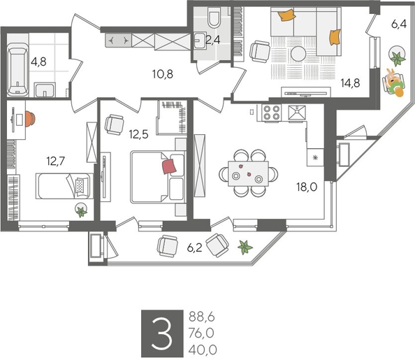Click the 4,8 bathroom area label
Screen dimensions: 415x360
tap(38, 62)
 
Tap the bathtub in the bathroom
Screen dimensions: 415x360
tap(17, 70)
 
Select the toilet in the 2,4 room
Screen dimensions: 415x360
tap(214, 17)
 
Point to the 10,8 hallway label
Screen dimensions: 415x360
tap(163, 74)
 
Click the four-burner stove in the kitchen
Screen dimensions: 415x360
tap(272, 113)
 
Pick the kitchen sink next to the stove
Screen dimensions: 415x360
tap(297, 113)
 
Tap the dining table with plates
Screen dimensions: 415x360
tap(248, 174)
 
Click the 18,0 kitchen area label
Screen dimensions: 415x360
tap(307, 187)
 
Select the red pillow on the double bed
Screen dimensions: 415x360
tap(169, 166)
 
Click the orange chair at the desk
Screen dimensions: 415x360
tap(30, 119)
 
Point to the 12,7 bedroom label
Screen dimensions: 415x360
tap(56, 161)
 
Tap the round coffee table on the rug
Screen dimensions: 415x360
tap(298, 54)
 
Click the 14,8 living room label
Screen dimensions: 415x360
tap(350, 83)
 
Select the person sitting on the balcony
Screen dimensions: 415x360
tap(394, 82)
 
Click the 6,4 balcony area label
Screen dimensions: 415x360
tap(399, 24)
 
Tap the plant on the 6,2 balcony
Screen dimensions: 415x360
tap(245, 247)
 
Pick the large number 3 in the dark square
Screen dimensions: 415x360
tap(161, 333)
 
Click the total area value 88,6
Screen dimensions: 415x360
tap(201, 317)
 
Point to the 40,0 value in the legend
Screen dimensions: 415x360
tap(203, 350)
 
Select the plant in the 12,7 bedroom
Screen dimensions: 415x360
tap(81, 211)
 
